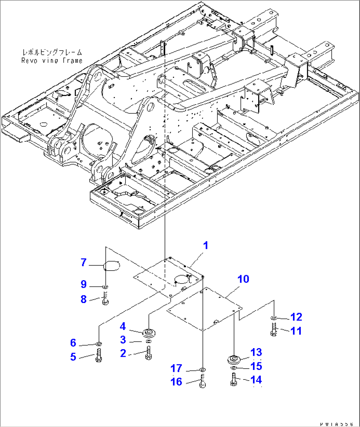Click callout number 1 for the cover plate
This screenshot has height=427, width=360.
coord(205,246)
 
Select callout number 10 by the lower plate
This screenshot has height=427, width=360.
coord(243,279)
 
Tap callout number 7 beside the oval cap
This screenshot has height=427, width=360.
coord(84,263)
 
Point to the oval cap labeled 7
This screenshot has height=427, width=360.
coord(112,265)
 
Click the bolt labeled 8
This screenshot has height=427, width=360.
coord(105,299)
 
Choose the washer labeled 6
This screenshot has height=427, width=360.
coord(98,344)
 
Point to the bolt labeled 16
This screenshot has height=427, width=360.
coord(202,381)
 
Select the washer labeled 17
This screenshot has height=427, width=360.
coord(202,369)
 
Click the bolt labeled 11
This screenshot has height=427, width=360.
coord(273,330)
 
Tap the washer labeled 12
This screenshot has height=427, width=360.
coord(273,318)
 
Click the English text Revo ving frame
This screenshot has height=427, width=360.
coord(52,61)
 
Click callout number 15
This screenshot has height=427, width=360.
coord(256,366)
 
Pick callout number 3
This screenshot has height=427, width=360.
coord(123,340)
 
